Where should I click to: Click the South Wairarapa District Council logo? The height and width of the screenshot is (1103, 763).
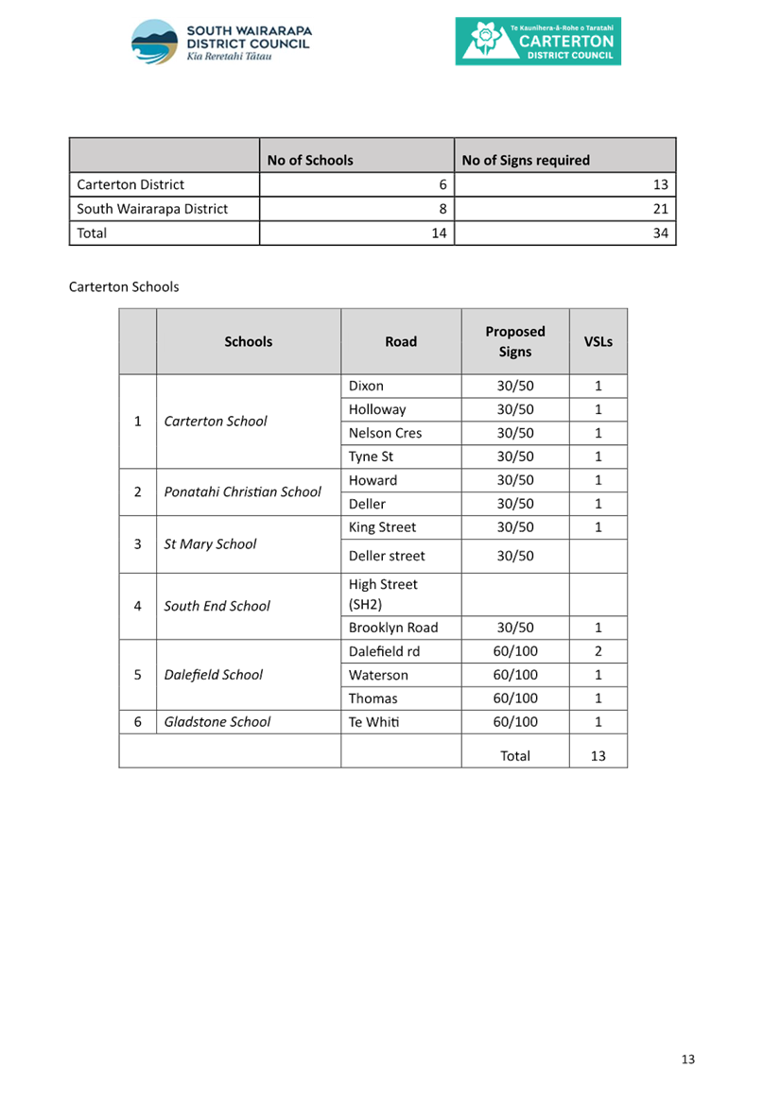tap(221, 42)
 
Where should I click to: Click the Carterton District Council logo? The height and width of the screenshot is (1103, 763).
tap(538, 42)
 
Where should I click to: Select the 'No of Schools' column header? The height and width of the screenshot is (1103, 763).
tap(310, 160)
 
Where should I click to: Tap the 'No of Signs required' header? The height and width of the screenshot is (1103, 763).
tap(526, 160)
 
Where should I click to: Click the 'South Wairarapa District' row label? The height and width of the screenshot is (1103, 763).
tap(153, 209)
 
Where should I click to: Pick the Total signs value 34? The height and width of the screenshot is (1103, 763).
tap(660, 233)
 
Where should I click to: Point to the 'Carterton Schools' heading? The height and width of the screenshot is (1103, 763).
tap(124, 286)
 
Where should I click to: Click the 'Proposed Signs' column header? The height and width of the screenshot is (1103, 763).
tap(515, 341)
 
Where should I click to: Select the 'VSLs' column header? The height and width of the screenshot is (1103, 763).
tap(598, 341)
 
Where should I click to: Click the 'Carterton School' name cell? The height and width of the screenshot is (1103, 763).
tap(216, 422)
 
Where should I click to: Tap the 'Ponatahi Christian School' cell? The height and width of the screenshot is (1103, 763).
tap(242, 491)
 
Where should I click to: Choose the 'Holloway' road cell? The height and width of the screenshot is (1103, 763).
tap(377, 409)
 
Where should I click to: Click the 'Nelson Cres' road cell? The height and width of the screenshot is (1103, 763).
tap(385, 433)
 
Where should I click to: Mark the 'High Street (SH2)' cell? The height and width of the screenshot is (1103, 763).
tap(383, 595)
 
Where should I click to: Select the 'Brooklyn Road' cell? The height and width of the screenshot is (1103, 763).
tap(393, 628)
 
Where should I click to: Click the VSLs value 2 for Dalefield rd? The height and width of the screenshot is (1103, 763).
tap(598, 651)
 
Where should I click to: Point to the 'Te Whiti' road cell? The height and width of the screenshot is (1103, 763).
tap(373, 722)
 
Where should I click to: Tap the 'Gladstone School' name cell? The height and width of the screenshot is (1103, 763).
tap(217, 722)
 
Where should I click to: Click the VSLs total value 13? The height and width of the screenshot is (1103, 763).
tap(598, 755)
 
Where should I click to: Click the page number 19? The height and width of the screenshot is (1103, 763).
tap(687, 1060)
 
